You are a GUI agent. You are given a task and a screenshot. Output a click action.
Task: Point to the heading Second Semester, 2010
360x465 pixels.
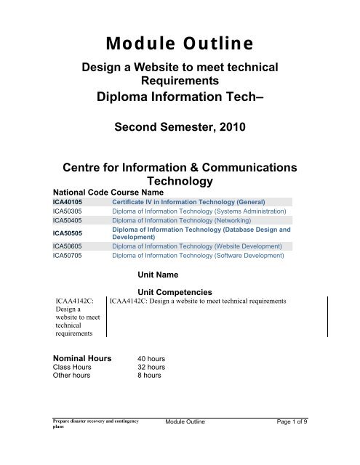pos(180,129)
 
